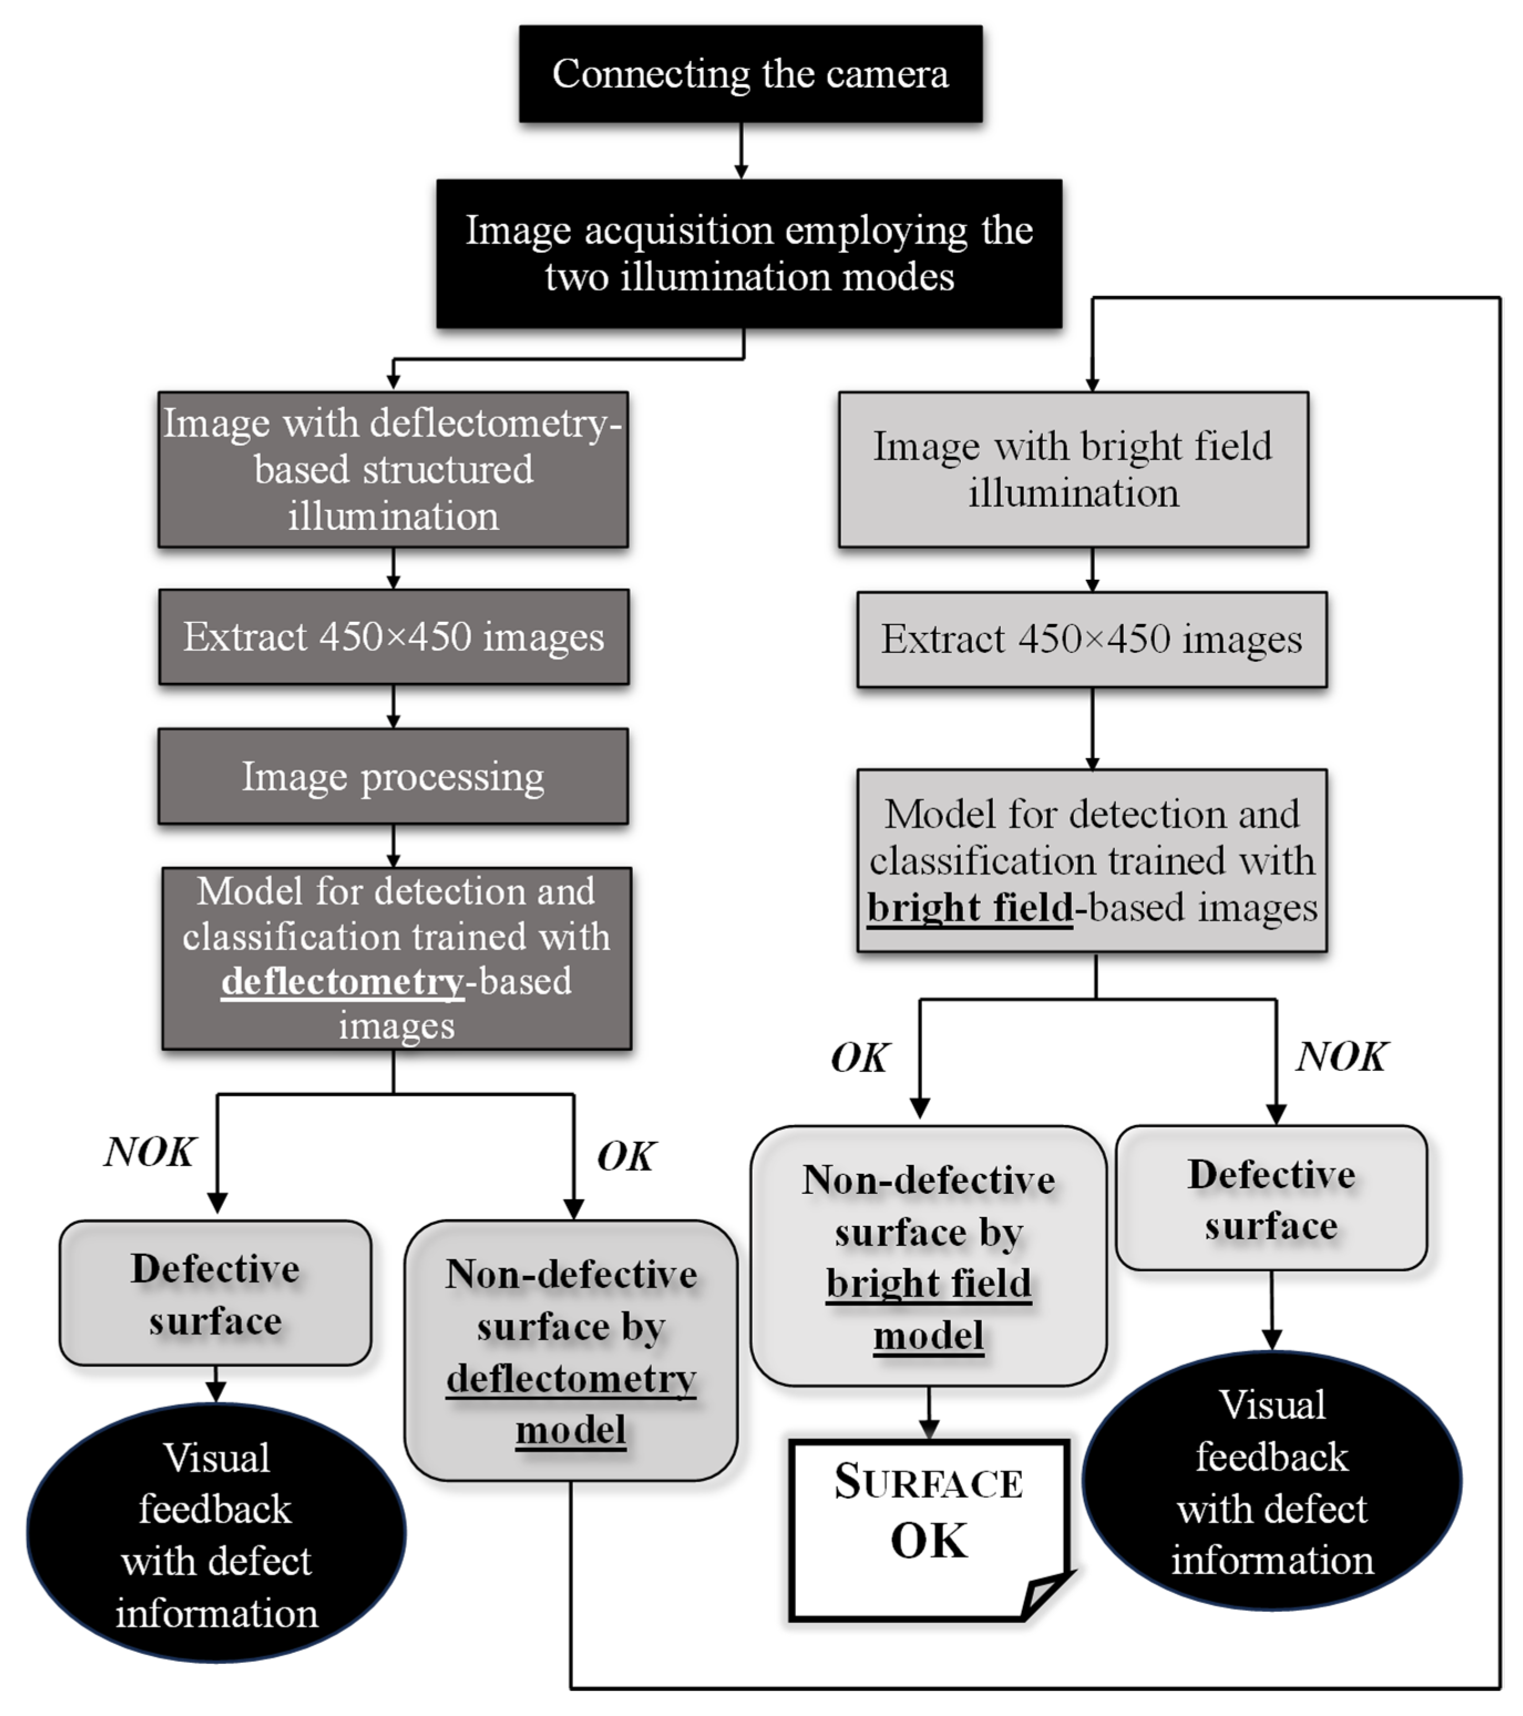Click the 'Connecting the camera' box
point(750,74)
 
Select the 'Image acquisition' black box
point(749,254)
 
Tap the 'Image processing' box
point(393,776)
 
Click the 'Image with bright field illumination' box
point(1073,470)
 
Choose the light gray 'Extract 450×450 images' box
point(1092,640)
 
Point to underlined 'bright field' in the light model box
point(970,908)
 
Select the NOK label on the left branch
point(150,1152)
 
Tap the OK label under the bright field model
point(859,1058)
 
